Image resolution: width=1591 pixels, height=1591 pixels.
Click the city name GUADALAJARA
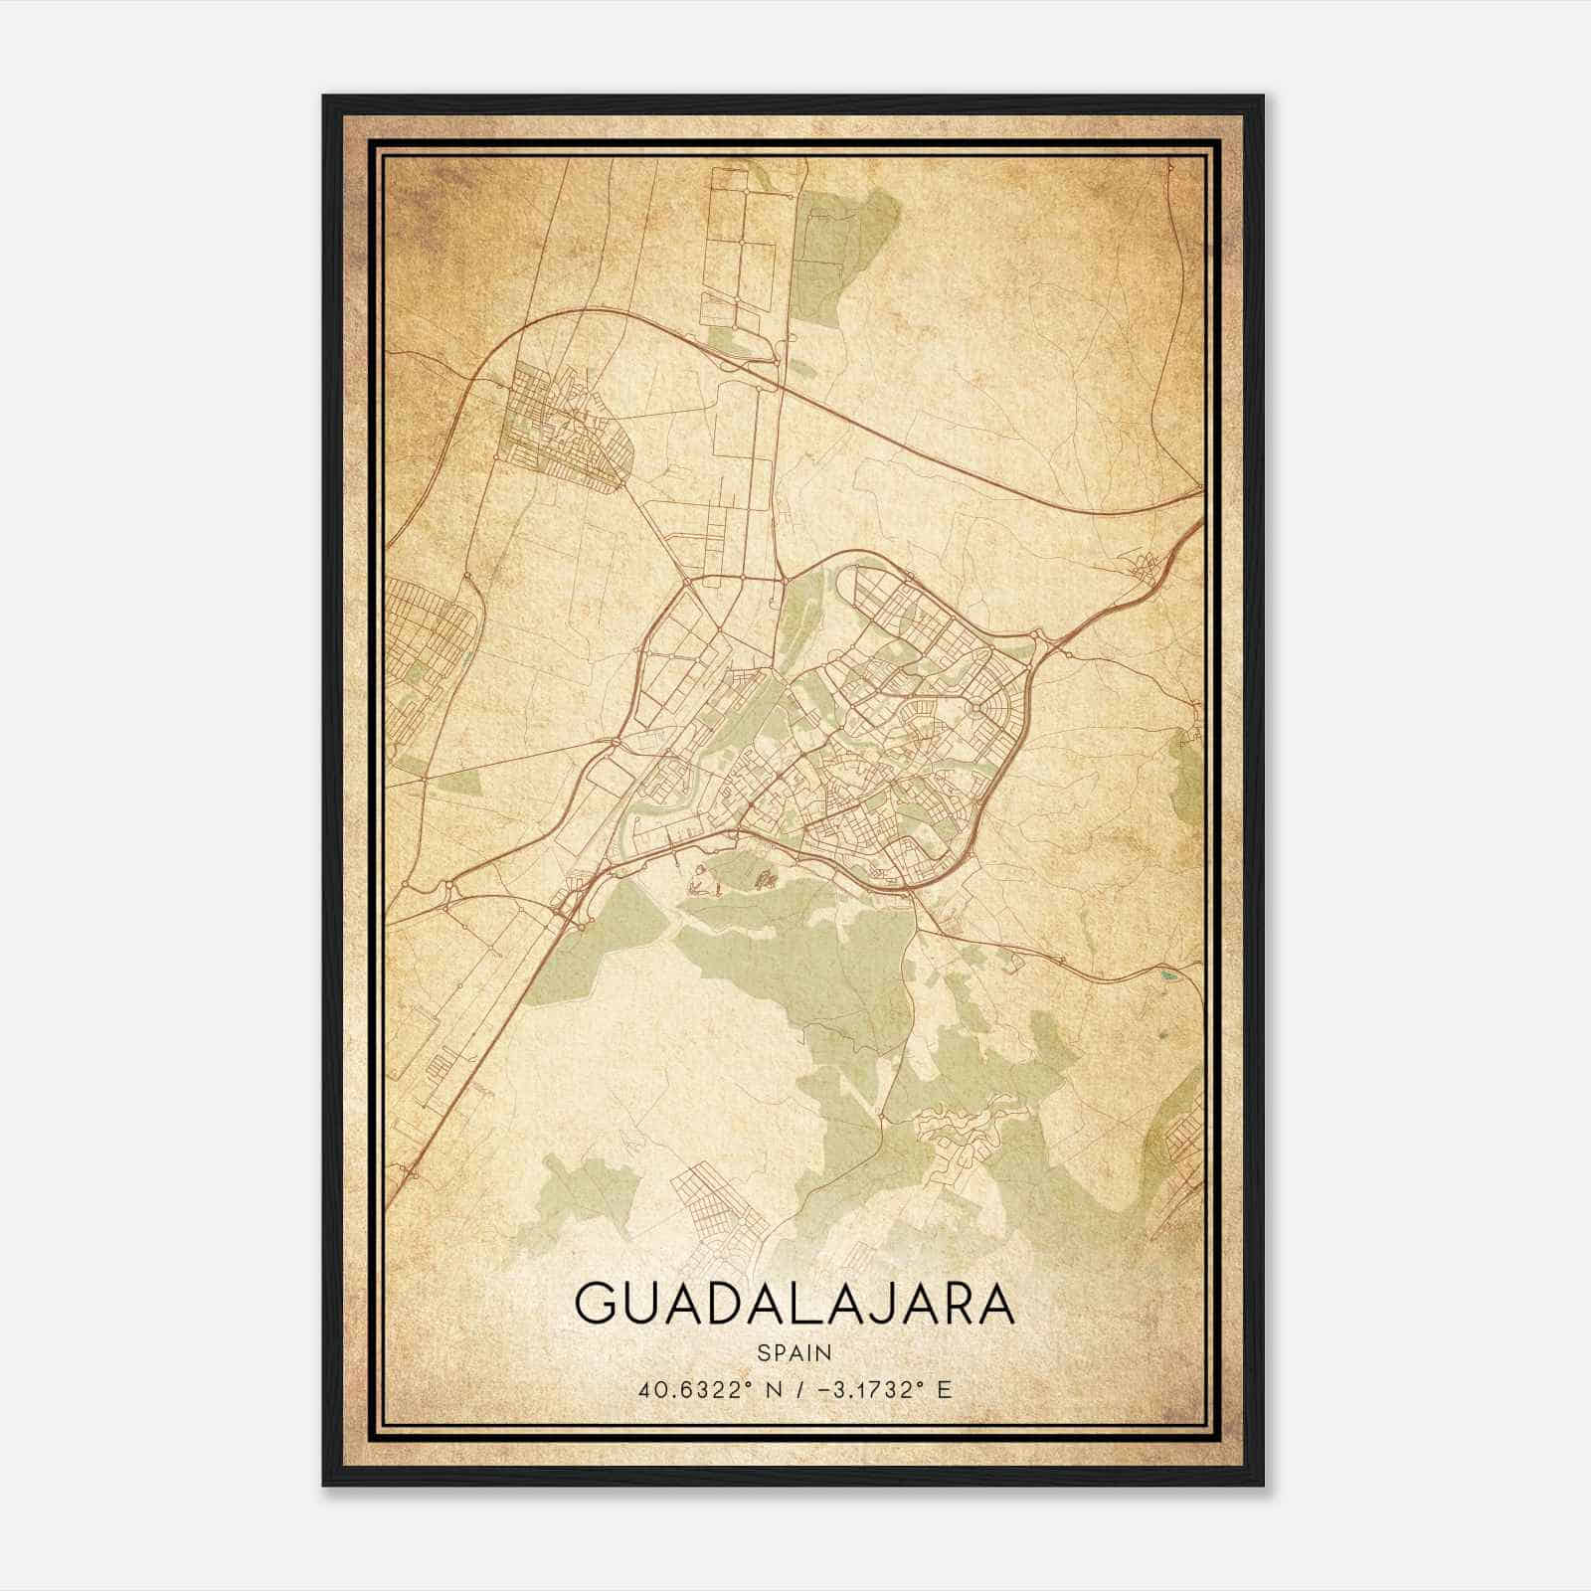(795, 1304)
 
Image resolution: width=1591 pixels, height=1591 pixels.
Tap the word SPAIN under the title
(795, 1352)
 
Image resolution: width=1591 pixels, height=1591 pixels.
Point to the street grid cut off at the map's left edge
(423, 646)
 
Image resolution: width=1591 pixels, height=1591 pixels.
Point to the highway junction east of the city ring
(1042, 641)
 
